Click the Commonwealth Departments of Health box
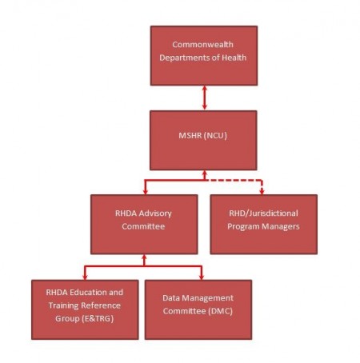pos(204,55)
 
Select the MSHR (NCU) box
pos(203,140)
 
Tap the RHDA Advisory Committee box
pos(144,224)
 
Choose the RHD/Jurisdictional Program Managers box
pos(263,224)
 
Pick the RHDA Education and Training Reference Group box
pos(85,309)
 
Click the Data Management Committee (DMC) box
pos(198,309)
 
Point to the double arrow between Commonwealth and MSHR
pos(205,98)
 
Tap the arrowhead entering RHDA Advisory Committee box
pos(145,192)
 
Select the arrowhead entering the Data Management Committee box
pos(202,277)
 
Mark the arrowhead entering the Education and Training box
pos(85,277)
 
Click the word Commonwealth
pos(202,44)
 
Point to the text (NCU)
pos(215,135)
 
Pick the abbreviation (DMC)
pos(220,311)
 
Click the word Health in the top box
pos(234,58)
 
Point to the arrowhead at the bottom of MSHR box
pos(205,173)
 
